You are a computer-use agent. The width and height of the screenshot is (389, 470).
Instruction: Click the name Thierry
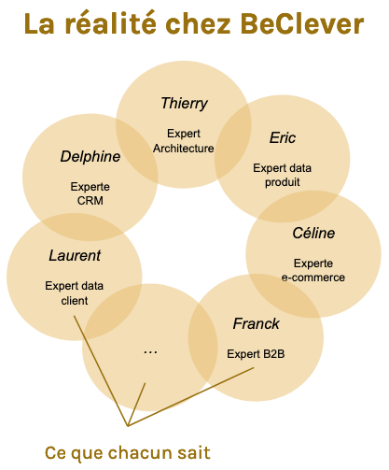coord(184,104)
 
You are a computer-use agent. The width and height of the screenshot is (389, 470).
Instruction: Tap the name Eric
coord(283,137)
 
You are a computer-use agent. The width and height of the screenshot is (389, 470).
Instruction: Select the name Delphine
coord(90,156)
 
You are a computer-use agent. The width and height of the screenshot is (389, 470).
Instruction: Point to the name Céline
coord(313,233)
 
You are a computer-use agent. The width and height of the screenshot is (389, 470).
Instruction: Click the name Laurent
coord(75,255)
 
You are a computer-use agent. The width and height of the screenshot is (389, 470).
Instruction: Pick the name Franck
coord(256,323)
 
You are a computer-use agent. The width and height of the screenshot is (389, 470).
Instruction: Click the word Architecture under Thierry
coord(184,149)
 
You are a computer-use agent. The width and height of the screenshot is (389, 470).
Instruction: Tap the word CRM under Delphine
coord(90,201)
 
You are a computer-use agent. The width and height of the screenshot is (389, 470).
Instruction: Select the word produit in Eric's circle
coord(283,182)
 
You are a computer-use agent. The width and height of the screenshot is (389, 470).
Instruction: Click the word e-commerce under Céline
coord(313,278)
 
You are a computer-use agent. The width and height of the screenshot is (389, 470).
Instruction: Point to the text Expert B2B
coord(256,354)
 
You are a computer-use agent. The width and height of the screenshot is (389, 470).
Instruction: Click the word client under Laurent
coord(75,301)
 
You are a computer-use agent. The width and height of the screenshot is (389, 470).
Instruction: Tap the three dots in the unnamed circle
coord(150,352)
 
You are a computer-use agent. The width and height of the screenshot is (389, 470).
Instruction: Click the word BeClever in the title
coord(301,24)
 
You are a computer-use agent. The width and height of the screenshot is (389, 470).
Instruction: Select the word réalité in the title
coord(110,23)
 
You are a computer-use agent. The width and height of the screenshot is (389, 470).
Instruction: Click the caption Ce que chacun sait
coord(128,452)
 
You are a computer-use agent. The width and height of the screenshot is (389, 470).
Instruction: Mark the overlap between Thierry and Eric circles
coord(233,141)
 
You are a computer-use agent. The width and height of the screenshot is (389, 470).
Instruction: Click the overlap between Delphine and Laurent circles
coord(83,227)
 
